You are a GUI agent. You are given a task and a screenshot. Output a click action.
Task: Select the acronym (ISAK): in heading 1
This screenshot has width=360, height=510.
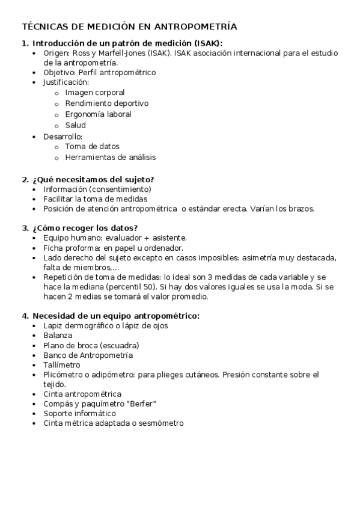[x=206, y=43]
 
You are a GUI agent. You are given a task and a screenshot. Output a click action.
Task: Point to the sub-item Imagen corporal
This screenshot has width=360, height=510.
[x=95, y=93]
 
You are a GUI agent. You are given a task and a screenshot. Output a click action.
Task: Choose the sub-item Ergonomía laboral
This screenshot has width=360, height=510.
[x=98, y=114]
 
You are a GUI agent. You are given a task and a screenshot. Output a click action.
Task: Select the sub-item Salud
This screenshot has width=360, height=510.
[x=75, y=125]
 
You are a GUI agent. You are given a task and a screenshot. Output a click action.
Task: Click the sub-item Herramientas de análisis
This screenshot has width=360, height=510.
[x=110, y=157]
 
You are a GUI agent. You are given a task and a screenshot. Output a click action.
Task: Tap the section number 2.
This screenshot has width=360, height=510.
[x=25, y=179]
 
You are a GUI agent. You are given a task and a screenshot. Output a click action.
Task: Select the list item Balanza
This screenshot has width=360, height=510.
[x=58, y=335]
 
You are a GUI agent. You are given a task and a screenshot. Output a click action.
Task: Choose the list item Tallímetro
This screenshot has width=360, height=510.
[x=61, y=364]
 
